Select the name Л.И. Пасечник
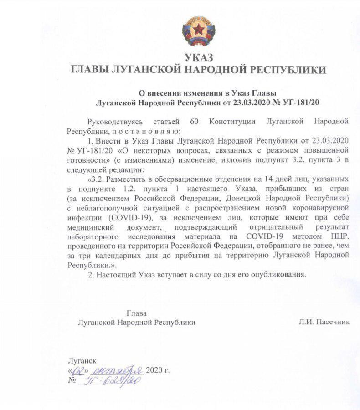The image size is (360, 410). coord(324,322)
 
